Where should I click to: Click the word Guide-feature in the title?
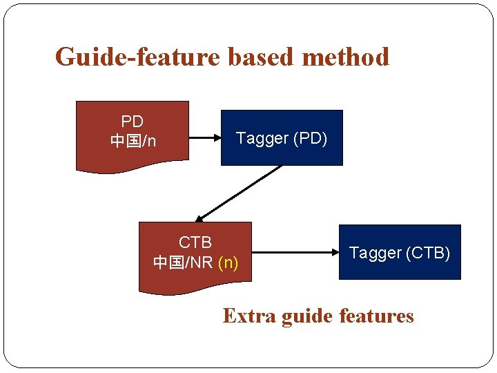pos(138,57)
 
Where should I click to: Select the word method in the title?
pos(346,57)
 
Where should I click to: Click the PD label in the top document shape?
pos(132,122)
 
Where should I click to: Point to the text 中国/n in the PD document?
pos(133,141)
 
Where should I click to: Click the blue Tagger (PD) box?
pos(282,138)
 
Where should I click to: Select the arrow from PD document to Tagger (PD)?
pos(204,137)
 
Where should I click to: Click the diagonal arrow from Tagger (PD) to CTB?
pos(238,193)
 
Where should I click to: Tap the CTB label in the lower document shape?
pos(195,242)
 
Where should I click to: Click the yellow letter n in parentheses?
pos(228,263)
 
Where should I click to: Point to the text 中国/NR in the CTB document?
pos(182,263)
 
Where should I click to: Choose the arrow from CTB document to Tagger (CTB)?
pos(293,252)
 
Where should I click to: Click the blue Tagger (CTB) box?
pos(400,253)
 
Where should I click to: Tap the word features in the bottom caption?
pos(376,316)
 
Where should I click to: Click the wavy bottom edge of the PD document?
pos(131,166)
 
